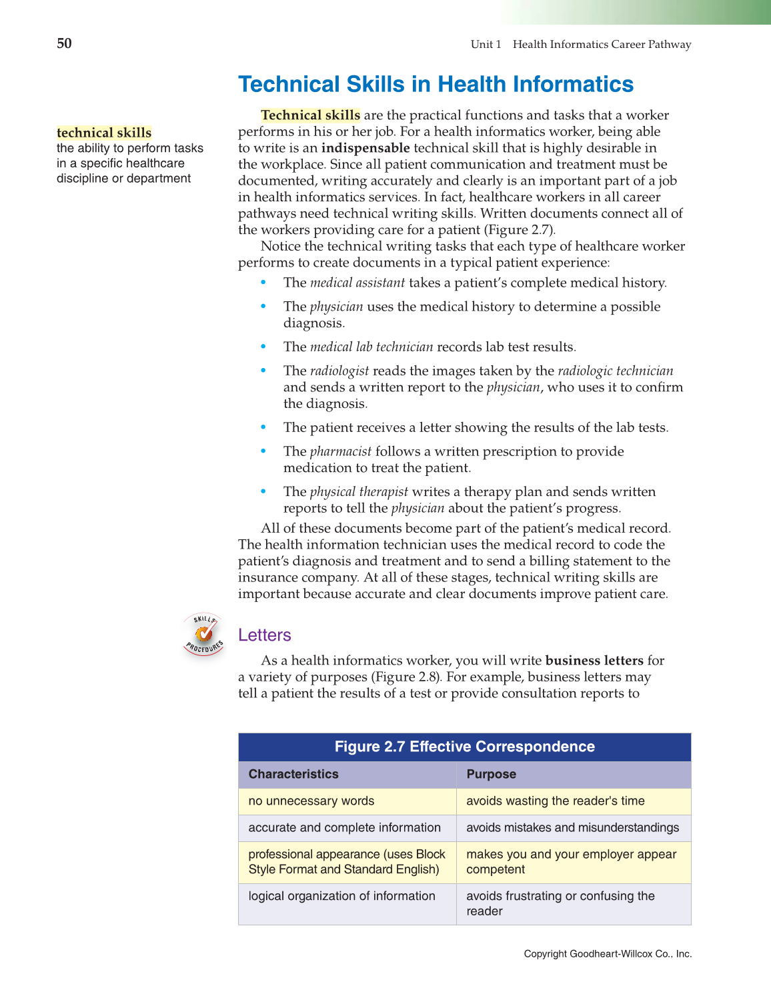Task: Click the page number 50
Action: coord(64,43)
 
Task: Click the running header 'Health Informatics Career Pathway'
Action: coord(602,45)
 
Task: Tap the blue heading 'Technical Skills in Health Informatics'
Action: coord(436,85)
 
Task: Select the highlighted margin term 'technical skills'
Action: coord(104,133)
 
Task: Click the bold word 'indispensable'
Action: coord(365,148)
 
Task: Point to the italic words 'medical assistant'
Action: coord(357,283)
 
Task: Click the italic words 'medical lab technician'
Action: coord(371,347)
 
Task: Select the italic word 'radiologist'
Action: coord(339,371)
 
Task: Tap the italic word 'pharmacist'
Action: coord(340,451)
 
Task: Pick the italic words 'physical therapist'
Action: coord(359,491)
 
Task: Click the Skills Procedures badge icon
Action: coord(204,634)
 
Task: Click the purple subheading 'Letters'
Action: coord(265,635)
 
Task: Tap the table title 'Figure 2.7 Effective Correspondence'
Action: coord(464,747)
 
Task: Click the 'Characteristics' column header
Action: coord(293,774)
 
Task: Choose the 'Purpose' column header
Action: coord(491,774)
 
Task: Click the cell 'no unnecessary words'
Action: coord(311,801)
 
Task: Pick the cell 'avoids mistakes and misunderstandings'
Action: coord(572,827)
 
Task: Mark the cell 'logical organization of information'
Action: coord(341,896)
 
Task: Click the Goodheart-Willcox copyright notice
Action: coord(608,954)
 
